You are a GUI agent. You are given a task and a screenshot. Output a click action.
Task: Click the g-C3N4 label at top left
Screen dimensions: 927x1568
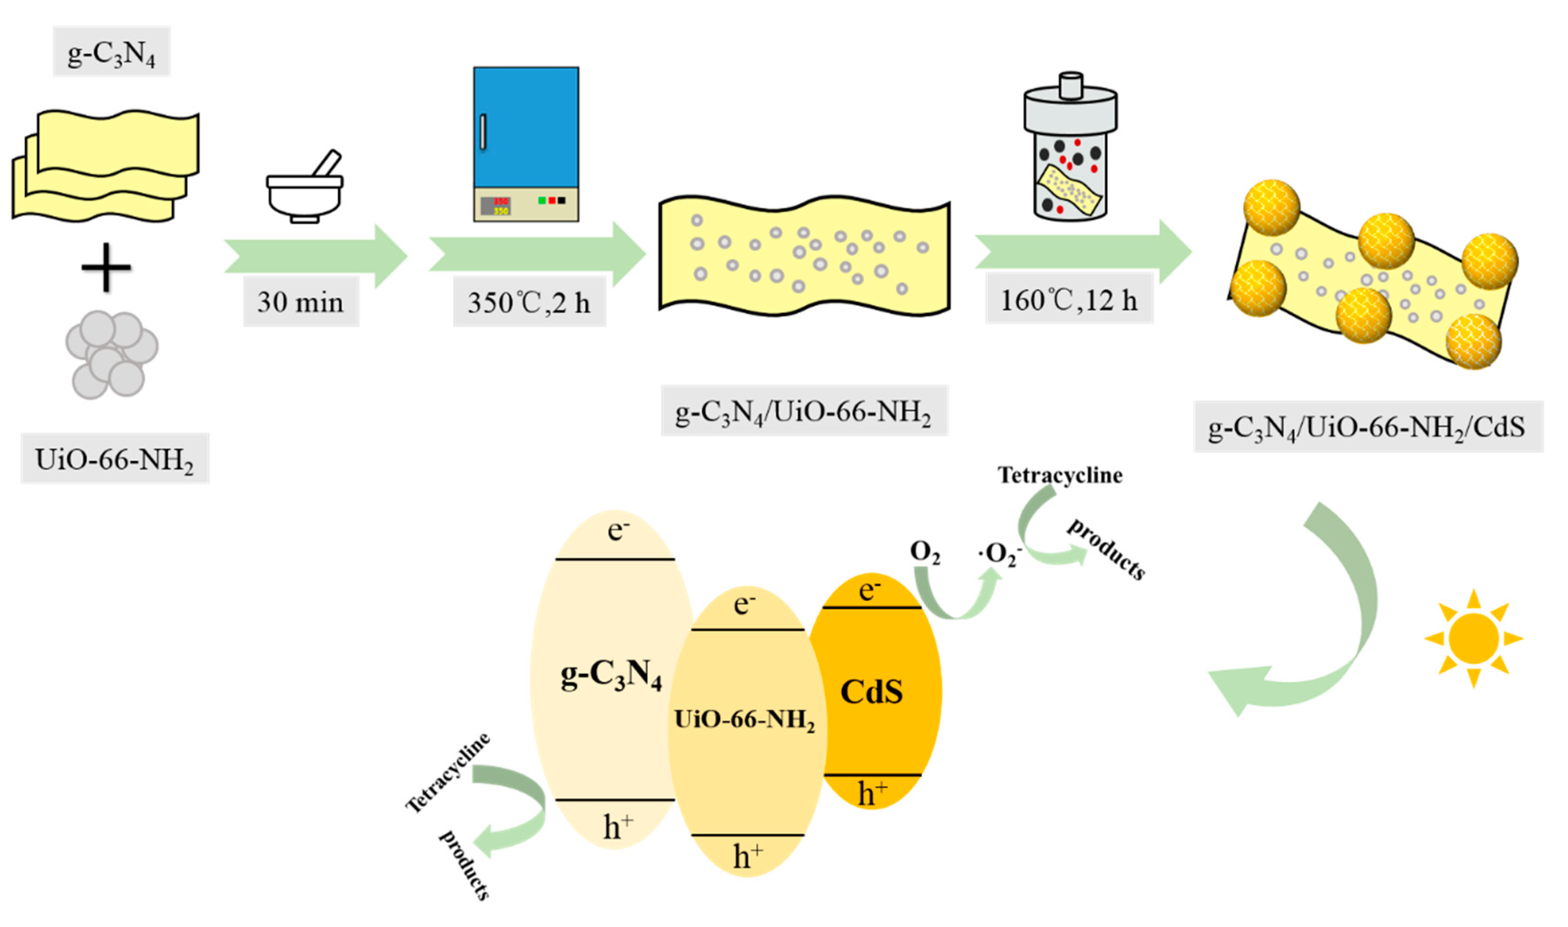[111, 52]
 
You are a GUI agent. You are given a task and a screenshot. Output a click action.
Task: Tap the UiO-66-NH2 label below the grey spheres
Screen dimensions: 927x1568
[114, 459]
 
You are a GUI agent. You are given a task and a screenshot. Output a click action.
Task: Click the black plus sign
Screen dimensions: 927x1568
[106, 267]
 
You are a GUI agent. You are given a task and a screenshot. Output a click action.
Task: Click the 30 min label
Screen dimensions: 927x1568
[300, 302]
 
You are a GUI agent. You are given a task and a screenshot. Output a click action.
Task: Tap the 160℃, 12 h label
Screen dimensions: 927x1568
[1068, 300]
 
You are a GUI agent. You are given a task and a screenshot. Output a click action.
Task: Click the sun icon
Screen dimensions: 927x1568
[1473, 638]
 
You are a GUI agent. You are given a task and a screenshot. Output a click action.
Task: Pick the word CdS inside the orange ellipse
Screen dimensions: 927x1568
[872, 692]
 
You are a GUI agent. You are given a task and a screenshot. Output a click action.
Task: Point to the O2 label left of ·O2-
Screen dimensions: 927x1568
[925, 551]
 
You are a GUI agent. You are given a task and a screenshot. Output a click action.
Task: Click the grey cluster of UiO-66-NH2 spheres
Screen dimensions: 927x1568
[111, 354]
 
